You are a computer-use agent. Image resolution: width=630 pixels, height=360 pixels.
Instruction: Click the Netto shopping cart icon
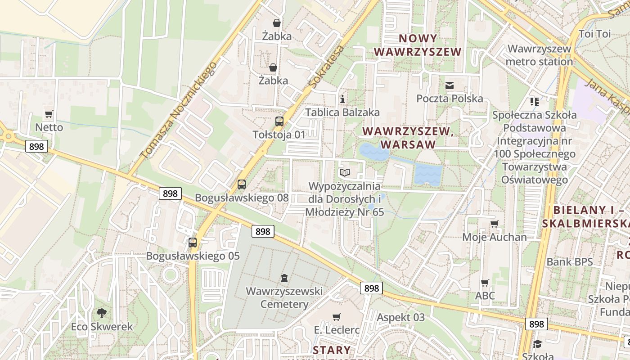(49, 114)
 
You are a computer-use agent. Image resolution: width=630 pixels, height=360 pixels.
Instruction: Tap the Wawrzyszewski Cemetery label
(284, 297)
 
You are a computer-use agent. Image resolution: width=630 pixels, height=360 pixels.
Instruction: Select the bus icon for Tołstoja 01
(279, 121)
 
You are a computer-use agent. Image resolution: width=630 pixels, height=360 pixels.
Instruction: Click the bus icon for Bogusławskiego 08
(242, 184)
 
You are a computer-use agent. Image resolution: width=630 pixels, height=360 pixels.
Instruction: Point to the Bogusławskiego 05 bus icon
(193, 242)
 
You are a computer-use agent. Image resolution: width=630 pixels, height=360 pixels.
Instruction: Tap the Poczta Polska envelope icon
(449, 85)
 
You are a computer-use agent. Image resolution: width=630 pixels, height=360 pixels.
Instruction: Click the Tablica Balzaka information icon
(342, 99)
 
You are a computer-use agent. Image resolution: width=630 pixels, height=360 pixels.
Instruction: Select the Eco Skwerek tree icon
(102, 313)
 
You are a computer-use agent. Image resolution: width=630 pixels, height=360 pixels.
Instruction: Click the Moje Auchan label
(495, 237)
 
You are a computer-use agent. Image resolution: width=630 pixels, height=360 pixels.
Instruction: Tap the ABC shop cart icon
(485, 283)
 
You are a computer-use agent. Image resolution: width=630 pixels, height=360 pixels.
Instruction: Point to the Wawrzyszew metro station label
(540, 55)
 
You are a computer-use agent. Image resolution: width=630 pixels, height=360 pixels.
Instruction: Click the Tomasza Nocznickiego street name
(179, 111)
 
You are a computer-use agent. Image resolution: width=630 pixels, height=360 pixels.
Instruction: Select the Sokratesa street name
(327, 66)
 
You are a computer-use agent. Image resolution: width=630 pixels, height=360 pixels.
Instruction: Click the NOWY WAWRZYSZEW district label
(418, 45)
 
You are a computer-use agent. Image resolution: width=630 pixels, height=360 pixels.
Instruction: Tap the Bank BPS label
(570, 262)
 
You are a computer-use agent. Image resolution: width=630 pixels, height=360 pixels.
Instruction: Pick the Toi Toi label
(594, 34)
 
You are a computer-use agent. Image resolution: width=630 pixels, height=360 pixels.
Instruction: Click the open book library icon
(345, 172)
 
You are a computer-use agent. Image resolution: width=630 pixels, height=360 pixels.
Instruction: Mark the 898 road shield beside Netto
(36, 146)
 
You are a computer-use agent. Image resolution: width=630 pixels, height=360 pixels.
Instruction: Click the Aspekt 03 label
(400, 317)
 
